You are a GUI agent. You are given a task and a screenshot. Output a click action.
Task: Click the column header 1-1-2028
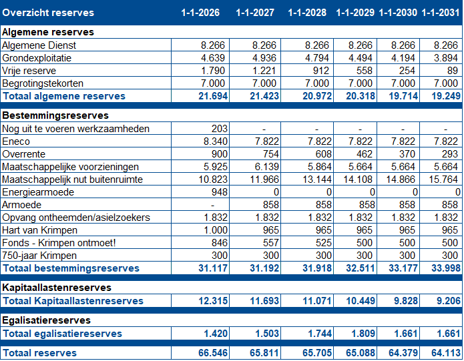pyautogui.click(x=307, y=13)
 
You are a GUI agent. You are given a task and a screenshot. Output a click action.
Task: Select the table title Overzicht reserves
pyautogui.click(x=48, y=13)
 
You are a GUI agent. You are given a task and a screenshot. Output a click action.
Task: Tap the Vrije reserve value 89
pyautogui.click(x=453, y=71)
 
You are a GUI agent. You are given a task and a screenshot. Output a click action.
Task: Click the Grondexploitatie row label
pyautogui.click(x=37, y=58)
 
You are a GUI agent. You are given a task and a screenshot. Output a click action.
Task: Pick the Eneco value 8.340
pyautogui.click(x=216, y=141)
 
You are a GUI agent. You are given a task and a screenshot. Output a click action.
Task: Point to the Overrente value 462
pyautogui.click(x=365, y=154)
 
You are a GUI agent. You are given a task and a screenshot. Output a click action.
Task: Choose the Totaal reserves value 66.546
pyautogui.click(x=213, y=353)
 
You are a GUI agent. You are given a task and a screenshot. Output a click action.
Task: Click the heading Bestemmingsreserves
pyautogui.click(x=55, y=115)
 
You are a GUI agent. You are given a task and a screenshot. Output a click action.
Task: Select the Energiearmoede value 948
pyautogui.click(x=219, y=192)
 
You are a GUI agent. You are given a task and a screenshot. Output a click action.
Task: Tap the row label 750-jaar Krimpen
pyautogui.click(x=39, y=256)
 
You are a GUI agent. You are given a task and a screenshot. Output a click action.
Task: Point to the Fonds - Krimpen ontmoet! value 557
pyautogui.click(x=271, y=243)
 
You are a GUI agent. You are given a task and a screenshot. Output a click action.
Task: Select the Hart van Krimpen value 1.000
pyautogui.click(x=216, y=230)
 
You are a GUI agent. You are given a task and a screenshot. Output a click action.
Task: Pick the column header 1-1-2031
pyautogui.click(x=441, y=13)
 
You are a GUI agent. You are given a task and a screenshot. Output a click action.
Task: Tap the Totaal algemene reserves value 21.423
pyautogui.click(x=264, y=96)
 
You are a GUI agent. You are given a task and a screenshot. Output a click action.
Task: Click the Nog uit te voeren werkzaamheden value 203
pyautogui.click(x=219, y=129)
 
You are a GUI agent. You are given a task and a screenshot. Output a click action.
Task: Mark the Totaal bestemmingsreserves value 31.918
pyautogui.click(x=317, y=268)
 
